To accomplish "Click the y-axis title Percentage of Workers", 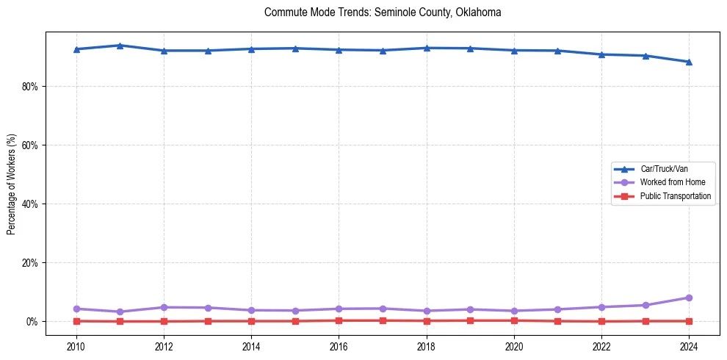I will [11, 184].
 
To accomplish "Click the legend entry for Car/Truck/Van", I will [664, 168].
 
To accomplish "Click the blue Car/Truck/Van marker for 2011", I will [120, 46].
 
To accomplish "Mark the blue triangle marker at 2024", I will [689, 62].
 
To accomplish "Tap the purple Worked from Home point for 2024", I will [689, 298].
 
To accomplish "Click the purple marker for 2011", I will [120, 312].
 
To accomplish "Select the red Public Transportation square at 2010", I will [76, 321].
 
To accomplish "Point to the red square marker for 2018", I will [426, 320].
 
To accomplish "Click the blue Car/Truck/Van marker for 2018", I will [426, 48].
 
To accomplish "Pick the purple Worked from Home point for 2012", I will [164, 307].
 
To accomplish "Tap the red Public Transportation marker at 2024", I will [689, 321].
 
